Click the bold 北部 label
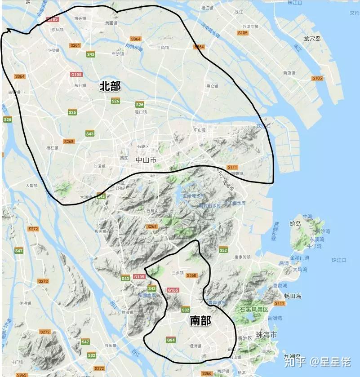click(110, 86)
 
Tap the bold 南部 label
click(200, 321)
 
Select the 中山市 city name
click(146, 160)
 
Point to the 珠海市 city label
click(266, 335)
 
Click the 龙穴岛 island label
click(312, 39)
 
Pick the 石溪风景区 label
click(254, 310)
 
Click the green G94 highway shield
click(171, 340)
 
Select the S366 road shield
click(207, 373)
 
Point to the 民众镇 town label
click(212, 86)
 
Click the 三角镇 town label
click(163, 48)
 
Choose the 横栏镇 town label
click(52, 147)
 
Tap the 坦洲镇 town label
click(195, 346)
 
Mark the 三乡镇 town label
click(178, 273)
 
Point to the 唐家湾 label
click(243, 257)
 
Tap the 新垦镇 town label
click(289, 73)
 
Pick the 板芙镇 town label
click(100, 231)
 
